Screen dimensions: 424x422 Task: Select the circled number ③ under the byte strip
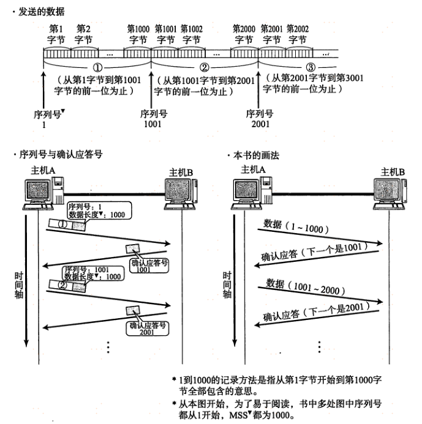(312, 67)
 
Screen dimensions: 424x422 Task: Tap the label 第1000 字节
(138, 34)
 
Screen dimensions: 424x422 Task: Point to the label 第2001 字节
(271, 34)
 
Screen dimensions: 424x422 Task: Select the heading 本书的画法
(256, 155)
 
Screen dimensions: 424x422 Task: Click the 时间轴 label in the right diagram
(228, 285)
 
